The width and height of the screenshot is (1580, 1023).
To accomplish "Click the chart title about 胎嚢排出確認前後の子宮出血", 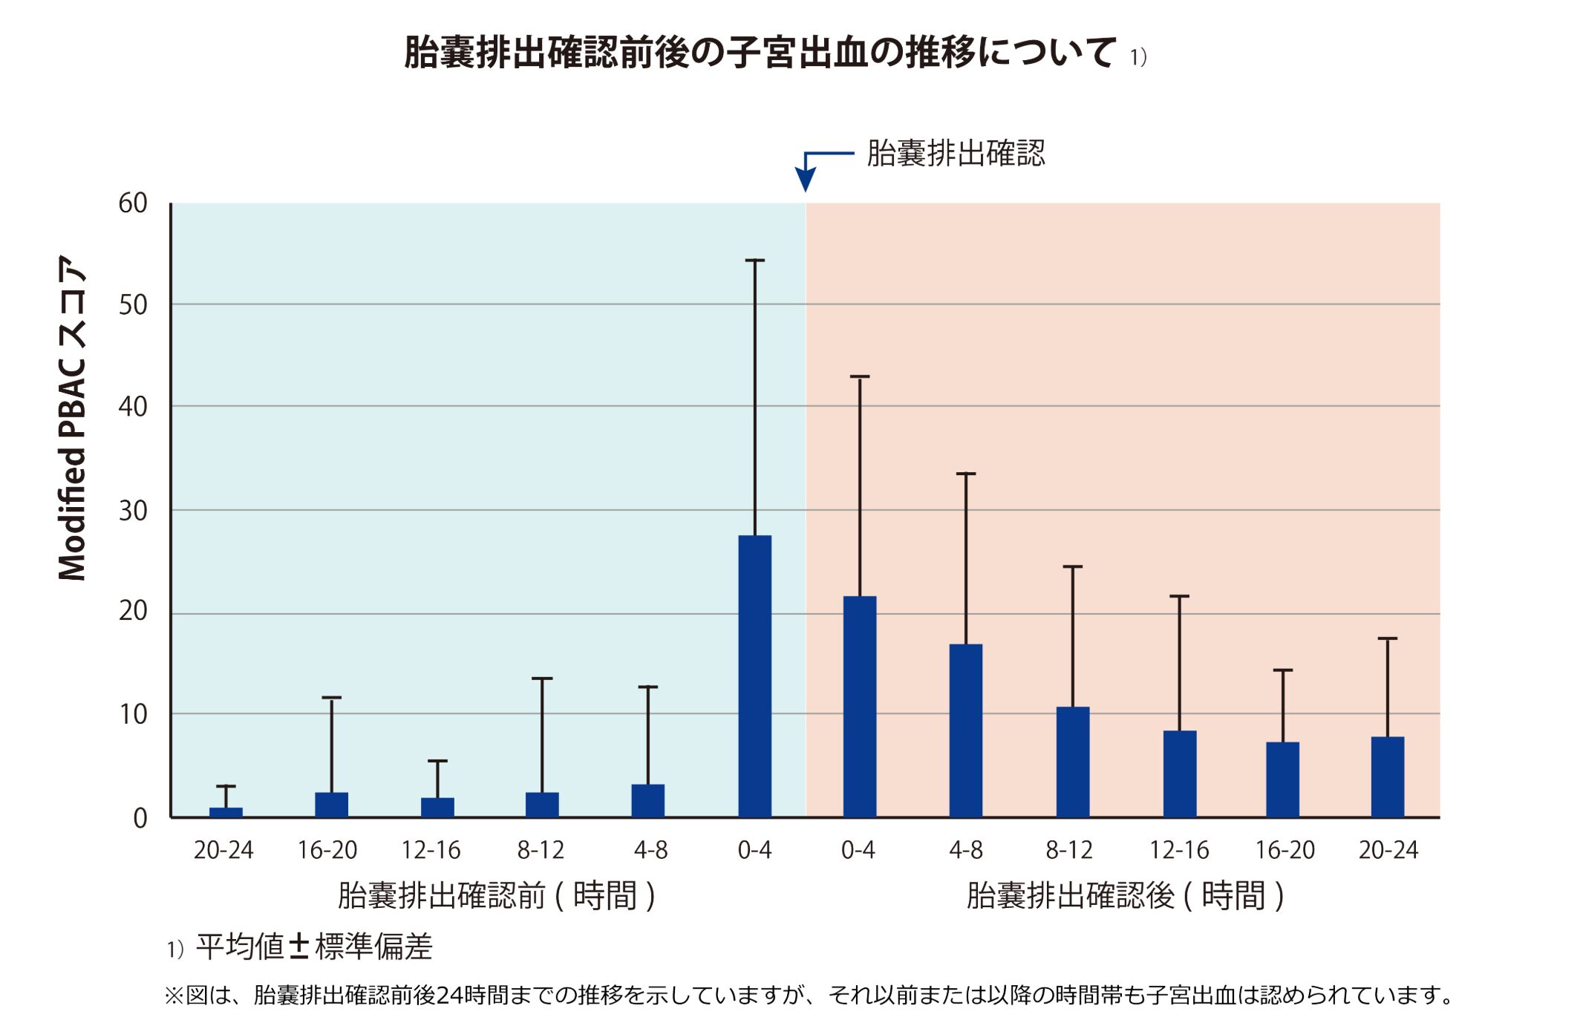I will point(760,53).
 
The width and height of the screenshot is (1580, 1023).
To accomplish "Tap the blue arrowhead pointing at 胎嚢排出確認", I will point(806,179).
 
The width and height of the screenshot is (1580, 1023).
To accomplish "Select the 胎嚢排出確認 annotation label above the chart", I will point(956,154).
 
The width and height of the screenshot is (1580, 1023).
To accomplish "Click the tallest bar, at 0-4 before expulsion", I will point(754,676).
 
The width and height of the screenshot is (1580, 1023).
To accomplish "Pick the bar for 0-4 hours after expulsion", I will point(859,706).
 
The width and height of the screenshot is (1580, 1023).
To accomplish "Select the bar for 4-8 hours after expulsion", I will point(965,730).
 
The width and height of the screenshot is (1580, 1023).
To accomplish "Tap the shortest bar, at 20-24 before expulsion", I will point(226,812).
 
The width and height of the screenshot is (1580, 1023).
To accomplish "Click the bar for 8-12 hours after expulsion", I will point(1072,762).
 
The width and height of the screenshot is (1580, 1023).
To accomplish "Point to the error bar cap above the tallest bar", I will point(754,261).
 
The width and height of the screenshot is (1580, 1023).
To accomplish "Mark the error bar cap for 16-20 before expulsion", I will point(331,698).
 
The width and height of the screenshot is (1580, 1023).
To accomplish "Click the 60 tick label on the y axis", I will point(133,203).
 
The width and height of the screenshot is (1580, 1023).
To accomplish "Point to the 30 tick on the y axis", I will point(133,511).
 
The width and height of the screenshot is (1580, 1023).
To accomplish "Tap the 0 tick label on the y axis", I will point(140,818).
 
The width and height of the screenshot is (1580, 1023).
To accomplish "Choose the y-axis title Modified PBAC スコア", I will point(73,418).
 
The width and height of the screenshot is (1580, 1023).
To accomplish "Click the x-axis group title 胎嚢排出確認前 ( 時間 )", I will point(495,895).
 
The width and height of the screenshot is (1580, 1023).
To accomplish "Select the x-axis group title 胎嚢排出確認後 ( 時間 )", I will point(1124,895).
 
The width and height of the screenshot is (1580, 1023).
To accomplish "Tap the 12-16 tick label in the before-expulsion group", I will point(431,850).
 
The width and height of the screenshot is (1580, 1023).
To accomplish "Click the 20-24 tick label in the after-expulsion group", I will point(1388,850).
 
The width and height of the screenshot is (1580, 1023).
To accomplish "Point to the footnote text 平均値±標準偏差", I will point(313,947).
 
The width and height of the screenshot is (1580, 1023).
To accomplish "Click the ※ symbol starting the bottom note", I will point(174,996).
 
